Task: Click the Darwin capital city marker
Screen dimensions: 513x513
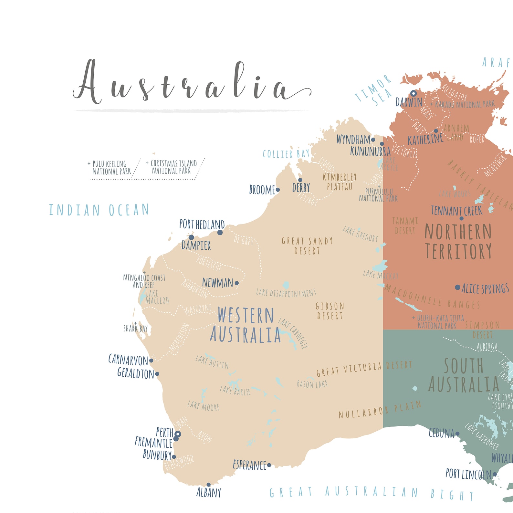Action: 414,93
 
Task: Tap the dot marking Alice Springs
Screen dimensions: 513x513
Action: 457,287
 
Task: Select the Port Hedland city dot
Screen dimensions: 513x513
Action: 220,233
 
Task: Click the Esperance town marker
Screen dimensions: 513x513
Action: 269,465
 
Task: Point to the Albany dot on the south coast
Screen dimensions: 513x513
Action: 209,485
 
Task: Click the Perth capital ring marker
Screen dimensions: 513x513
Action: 178,434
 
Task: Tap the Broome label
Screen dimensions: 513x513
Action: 262,190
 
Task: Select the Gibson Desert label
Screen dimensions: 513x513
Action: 330,311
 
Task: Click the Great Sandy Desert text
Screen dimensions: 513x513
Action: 307,246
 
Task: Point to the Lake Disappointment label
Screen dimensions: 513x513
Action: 286,293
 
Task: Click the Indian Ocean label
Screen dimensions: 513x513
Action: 99,210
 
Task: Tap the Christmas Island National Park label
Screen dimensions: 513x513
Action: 172,167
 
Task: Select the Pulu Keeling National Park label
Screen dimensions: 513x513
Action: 110,167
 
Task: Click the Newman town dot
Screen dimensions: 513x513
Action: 237,283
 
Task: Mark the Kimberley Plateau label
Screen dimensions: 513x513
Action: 340,182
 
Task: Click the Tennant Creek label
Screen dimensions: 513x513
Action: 456,211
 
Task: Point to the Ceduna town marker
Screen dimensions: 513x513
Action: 457,434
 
